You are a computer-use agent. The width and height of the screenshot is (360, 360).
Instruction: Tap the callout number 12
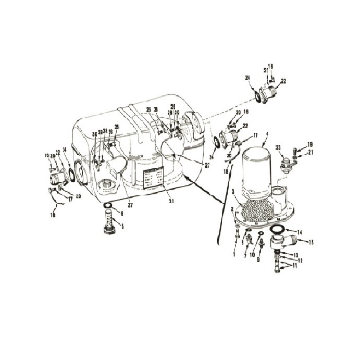pyautogui.click(x=300, y=260)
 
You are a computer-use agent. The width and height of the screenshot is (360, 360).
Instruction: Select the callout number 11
pyautogui.click(x=296, y=266)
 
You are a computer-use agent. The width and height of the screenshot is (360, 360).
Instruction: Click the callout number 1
pyautogui.click(x=234, y=255)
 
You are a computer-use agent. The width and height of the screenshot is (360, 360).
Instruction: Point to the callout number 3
pyautogui.click(x=233, y=192)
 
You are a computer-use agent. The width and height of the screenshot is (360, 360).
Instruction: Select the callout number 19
pyautogui.click(x=310, y=144)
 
